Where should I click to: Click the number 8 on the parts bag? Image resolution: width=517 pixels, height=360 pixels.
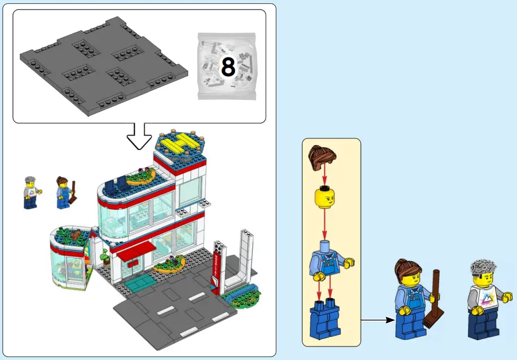coord(228,67)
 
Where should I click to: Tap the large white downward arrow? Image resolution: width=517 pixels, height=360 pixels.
coord(139,135)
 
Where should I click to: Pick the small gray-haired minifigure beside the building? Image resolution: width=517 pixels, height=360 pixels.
coord(30,192)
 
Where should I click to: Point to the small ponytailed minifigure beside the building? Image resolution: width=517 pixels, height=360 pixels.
coord(64,192)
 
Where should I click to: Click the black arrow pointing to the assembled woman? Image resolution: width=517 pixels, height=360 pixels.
coord(377,320)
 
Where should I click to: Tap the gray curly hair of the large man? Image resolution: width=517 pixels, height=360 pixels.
coord(483,268)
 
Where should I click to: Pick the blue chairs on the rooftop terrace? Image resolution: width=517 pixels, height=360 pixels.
coord(116,182)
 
